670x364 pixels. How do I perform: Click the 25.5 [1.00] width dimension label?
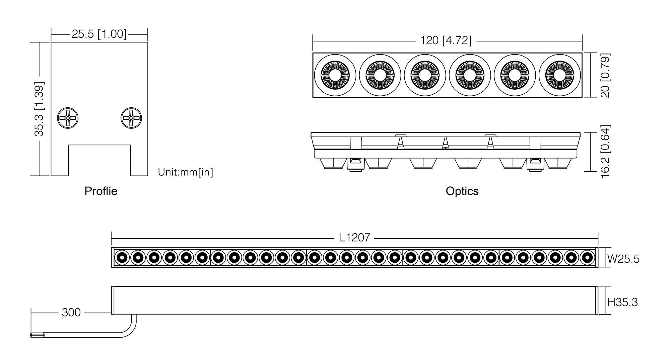(x=99, y=34)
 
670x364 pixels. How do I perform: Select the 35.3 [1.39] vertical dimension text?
(x=39, y=109)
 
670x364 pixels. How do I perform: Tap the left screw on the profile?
(x=68, y=118)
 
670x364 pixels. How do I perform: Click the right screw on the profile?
(x=131, y=118)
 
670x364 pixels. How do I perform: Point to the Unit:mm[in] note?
(x=186, y=172)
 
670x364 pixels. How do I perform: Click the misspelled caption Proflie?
(x=101, y=191)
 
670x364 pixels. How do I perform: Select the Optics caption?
(x=462, y=191)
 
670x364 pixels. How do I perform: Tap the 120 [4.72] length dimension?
(x=446, y=40)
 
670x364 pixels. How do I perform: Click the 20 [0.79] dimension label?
(x=605, y=75)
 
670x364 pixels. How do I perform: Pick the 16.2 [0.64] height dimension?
(x=605, y=152)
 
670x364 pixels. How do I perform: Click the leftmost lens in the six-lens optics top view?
(x=335, y=75)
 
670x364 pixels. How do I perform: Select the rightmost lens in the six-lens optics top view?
(x=559, y=75)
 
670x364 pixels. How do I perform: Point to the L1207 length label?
(x=354, y=238)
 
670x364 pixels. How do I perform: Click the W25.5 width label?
(x=623, y=259)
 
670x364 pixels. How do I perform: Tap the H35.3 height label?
(x=623, y=302)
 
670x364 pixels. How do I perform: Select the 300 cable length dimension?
(x=71, y=312)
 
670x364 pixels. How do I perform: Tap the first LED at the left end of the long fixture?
(x=122, y=258)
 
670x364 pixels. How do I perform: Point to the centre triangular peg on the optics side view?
(x=445, y=143)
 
